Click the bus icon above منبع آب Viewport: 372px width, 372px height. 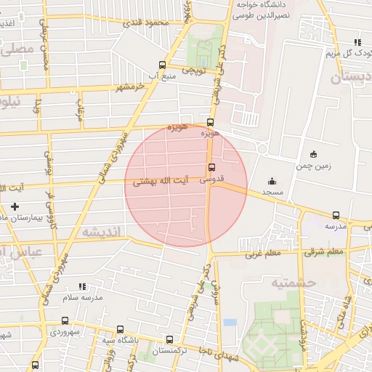point(162,64)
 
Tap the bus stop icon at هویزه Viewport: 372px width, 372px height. point(211,122)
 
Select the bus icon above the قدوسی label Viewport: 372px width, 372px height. point(211,167)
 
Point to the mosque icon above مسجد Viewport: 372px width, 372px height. point(272,181)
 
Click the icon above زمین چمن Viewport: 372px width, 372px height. point(313,154)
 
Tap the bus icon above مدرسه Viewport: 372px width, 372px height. point(336,215)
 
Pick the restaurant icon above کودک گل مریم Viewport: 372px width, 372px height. point(356,42)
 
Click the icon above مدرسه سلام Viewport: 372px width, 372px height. point(82,286)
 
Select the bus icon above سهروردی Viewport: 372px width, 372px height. point(65,320)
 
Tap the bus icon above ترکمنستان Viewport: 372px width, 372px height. point(170,339)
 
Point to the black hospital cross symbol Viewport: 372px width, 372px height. point(15,206)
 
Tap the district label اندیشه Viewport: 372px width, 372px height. point(103,232)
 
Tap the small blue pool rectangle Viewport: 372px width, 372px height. point(230,322)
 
